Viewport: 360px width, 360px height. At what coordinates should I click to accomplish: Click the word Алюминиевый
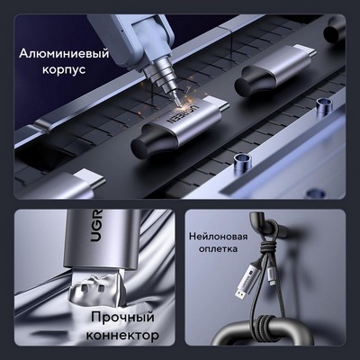click(64, 54)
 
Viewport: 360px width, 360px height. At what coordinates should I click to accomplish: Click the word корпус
click(64, 69)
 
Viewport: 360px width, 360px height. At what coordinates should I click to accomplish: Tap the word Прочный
click(122, 318)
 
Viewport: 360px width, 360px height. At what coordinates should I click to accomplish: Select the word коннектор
click(122, 335)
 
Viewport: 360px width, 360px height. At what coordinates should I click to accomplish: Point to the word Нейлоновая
click(219, 237)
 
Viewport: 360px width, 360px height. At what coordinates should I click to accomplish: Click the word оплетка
click(218, 248)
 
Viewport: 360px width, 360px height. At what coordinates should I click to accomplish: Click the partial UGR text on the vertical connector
click(96, 226)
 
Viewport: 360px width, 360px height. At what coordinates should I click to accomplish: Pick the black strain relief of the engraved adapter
click(153, 141)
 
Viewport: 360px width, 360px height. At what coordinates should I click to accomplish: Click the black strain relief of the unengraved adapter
click(255, 82)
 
